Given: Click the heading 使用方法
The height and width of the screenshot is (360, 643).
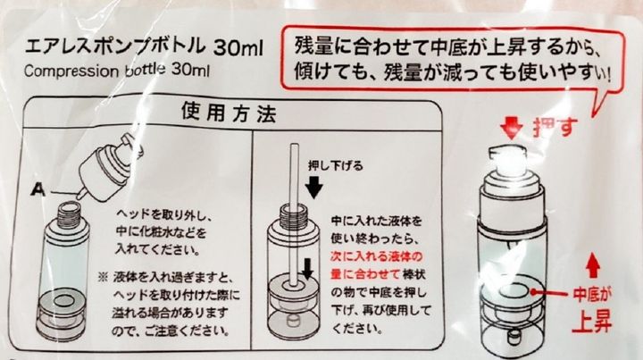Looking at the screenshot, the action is pos(229,113).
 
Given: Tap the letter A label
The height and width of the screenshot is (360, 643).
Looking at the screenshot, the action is pos(39,189).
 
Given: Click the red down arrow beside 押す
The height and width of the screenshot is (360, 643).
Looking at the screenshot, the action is pos(511,128).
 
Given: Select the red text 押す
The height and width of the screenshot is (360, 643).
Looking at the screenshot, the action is pos(555,127).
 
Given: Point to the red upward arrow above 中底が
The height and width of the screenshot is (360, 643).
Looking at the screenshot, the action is pos(592,266).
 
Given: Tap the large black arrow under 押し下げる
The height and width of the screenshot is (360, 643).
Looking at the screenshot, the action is pos(314,187).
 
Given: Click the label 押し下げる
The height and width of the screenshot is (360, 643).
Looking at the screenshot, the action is pos(336,165).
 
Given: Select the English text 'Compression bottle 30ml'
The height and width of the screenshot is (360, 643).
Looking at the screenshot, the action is pos(116,70).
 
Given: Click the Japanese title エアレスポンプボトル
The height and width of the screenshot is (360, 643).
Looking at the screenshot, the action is pos(115,46).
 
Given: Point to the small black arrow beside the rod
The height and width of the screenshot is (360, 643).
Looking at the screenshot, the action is pos(307,268).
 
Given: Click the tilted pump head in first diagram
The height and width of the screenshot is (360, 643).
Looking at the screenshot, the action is pos(109,168).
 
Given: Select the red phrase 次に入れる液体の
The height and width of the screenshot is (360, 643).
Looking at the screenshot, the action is pos(376,256).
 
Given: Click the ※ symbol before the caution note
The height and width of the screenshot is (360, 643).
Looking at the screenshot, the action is pos(103,278).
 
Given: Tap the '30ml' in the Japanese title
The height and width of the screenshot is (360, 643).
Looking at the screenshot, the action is pos(238,48).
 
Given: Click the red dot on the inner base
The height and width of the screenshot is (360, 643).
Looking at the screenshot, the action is pos(533,292).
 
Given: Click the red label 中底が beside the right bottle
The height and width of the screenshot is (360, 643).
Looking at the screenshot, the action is pos(592,294).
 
